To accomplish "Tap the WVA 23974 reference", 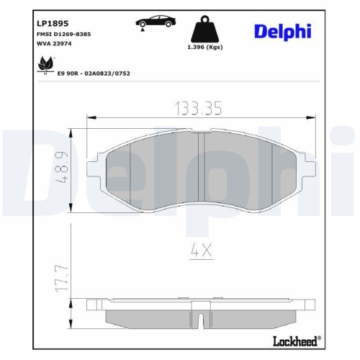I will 55,44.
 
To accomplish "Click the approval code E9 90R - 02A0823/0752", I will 98,73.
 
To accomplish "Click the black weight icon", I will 204,31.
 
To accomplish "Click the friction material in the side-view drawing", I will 201,318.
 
